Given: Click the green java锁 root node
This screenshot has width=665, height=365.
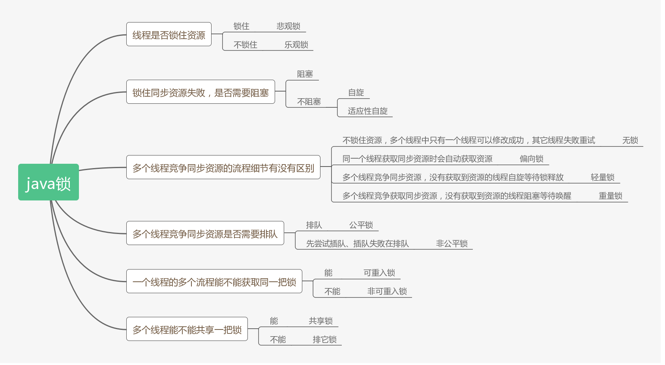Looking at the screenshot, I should coord(48,182).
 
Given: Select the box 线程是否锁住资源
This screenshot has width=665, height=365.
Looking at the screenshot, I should coord(169,34).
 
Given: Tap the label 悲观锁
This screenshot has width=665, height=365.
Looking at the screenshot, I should coord(288,26).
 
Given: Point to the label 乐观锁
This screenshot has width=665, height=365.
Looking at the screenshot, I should coord(296,45).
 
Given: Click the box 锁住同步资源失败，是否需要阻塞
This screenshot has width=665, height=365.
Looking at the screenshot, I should coord(200,92).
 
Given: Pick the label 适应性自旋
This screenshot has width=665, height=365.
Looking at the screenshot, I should coord(367,111).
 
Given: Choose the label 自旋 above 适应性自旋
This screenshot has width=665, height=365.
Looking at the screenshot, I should coord(356,92).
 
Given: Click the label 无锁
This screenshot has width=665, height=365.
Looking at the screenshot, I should coord(630,140).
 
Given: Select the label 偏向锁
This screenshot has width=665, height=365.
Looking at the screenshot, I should coord(531,159).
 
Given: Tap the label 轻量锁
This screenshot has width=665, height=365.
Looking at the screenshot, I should coord(602,177).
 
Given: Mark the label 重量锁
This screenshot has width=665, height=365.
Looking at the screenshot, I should coord(610,196).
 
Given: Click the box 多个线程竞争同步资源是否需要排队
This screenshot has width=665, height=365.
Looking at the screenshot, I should coord(205,233).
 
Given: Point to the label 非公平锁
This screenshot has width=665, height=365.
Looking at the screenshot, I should coord(451,243).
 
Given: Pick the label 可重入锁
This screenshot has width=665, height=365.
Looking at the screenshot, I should coord(379,273).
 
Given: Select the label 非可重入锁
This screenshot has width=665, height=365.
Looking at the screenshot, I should coord(387,291).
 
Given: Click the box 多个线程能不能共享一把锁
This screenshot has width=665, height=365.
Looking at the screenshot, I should coord(187,329).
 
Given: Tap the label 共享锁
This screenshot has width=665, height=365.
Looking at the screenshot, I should coord(320,321).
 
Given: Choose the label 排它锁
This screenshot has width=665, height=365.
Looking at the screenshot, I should coord(324,339).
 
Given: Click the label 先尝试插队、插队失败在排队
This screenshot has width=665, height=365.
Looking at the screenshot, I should coord(357,243).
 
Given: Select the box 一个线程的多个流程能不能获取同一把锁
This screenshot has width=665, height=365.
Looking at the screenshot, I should coord(214,281).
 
